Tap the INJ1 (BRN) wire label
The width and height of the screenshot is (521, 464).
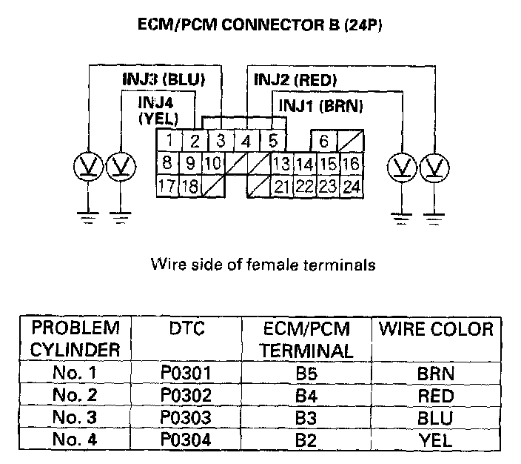320,105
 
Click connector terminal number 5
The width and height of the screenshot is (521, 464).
272,139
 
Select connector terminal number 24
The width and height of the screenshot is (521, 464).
352,186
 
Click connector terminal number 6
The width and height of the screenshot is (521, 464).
324,140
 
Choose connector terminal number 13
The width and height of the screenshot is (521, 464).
281,163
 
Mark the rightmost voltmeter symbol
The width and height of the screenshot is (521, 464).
434,168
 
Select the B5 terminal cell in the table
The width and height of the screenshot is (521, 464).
306,374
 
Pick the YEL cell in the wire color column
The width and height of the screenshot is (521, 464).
435,440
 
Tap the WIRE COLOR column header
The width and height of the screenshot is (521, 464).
435,329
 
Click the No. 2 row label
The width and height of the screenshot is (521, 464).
75,395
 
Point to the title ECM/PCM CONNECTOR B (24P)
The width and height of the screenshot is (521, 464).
260,24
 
